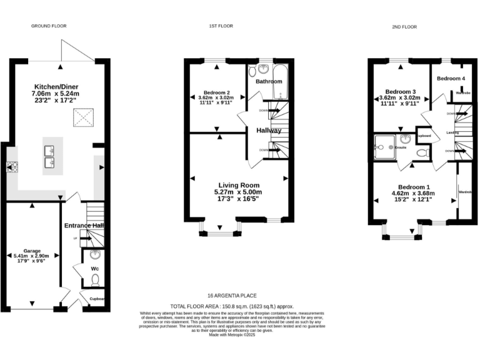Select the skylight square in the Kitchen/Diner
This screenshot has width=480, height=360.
point(83,116)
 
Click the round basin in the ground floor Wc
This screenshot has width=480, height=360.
point(94,255)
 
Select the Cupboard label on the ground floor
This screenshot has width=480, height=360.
point(97,299)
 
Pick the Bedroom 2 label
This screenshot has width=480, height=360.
point(215,91)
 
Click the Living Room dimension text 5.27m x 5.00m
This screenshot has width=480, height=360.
point(237,192)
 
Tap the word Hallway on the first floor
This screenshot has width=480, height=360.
point(269,130)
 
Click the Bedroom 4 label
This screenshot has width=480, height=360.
point(451,78)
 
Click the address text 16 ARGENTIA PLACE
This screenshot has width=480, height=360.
point(232,296)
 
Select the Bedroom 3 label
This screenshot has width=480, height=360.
point(400,91)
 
